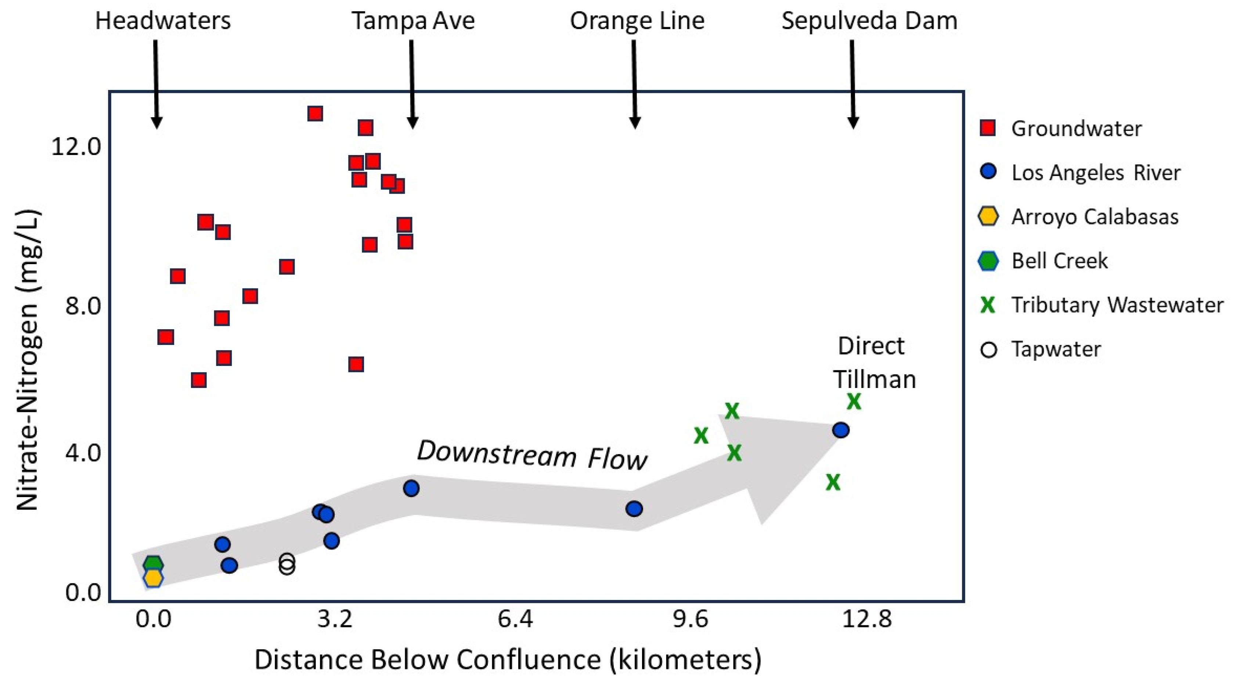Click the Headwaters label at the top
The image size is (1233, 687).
click(x=163, y=21)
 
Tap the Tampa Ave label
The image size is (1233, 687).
click(x=413, y=21)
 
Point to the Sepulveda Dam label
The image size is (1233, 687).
click(x=869, y=21)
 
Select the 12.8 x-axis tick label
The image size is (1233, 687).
click(x=867, y=619)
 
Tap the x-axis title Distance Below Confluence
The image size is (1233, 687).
click(x=507, y=660)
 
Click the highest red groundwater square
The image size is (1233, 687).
click(x=315, y=114)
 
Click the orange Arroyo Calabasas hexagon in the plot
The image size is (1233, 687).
click(x=153, y=578)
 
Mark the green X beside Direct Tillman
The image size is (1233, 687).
click(x=854, y=402)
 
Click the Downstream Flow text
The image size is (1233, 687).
click(x=532, y=455)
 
